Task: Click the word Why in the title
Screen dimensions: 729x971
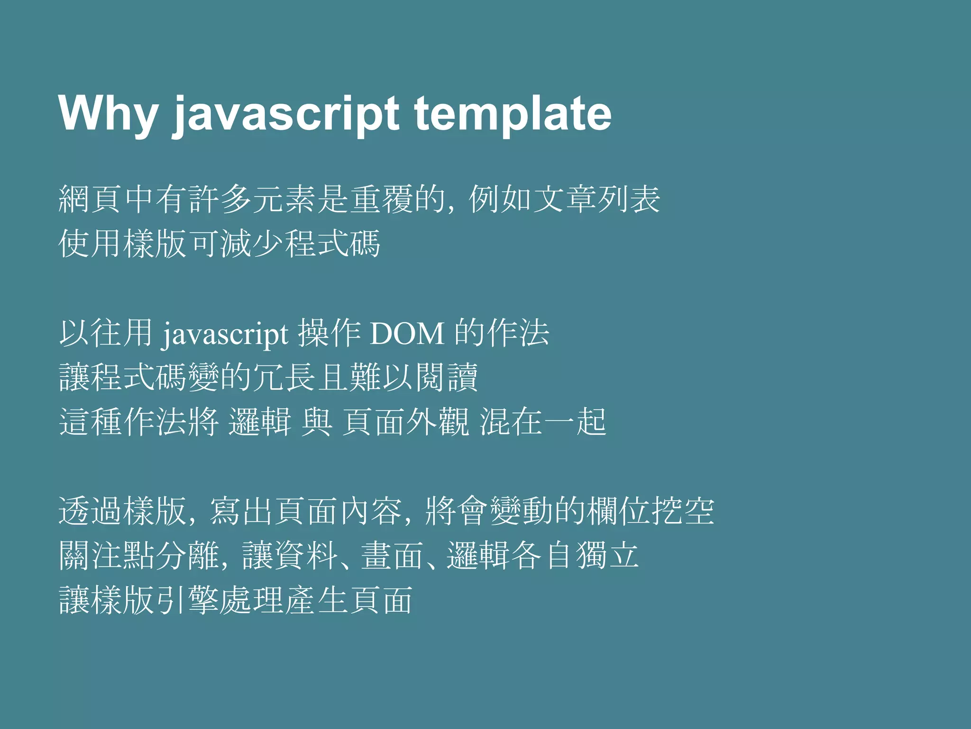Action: [108, 114]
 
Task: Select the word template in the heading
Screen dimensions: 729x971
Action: [513, 114]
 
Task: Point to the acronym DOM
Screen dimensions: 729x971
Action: [407, 334]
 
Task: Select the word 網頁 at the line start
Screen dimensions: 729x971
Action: [91, 199]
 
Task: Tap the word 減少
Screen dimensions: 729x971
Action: [252, 244]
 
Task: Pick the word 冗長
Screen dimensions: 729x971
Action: [284, 378]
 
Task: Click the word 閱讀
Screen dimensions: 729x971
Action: [446, 378]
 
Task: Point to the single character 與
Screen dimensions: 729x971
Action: [317, 422]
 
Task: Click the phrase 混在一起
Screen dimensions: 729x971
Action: [543, 422]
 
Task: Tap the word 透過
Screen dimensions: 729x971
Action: [91, 511]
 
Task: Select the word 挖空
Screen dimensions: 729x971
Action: [683, 511]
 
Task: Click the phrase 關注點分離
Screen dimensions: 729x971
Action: [139, 556]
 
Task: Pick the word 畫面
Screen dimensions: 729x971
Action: [392, 556]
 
